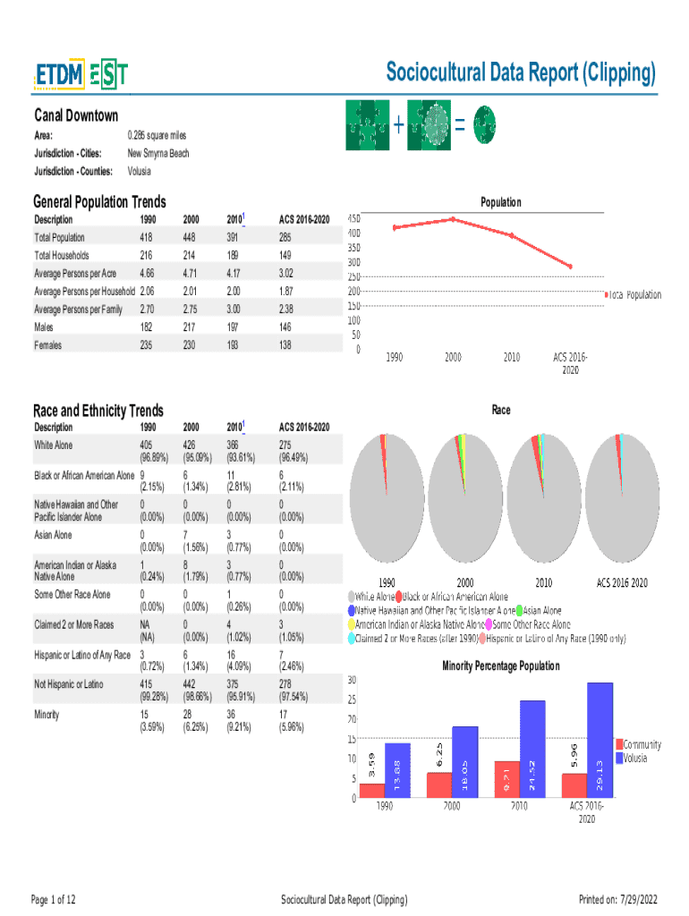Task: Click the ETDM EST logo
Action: tap(81, 76)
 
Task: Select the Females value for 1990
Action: tap(147, 345)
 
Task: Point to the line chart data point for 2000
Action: tap(453, 219)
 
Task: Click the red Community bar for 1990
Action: tap(372, 790)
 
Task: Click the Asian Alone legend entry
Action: tap(538, 611)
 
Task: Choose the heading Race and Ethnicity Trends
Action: tap(98, 411)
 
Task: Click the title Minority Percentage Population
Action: tap(501, 666)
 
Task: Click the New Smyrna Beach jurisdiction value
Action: tap(158, 153)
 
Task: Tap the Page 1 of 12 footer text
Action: tap(54, 899)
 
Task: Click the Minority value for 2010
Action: tap(239, 721)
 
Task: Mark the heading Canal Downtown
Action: tap(76, 116)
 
